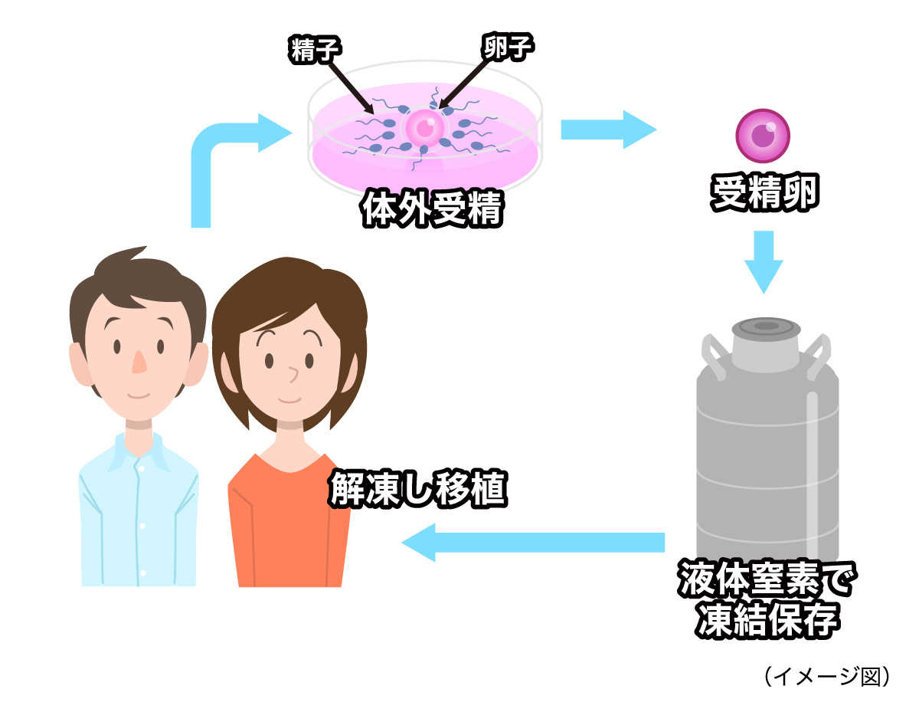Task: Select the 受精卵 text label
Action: pyautogui.click(x=764, y=195)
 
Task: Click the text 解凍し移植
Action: pyautogui.click(x=418, y=487)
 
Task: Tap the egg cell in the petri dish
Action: pyautogui.click(x=425, y=126)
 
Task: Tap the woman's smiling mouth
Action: pyautogui.click(x=289, y=399)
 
